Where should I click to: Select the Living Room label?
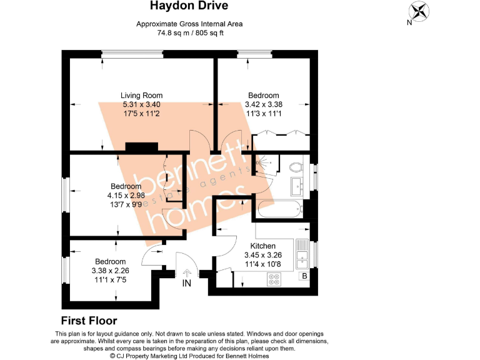pyautogui.click(x=141, y=95)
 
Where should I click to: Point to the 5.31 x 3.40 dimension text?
pyautogui.click(x=142, y=104)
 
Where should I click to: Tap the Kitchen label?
pyautogui.click(x=262, y=246)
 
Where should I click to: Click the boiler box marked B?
pyautogui.click(x=304, y=276)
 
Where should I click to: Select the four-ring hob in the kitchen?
pyautogui.click(x=274, y=281)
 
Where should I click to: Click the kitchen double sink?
pyautogui.click(x=302, y=254)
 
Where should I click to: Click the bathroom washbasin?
pyautogui.click(x=299, y=184)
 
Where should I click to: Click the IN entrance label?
pyautogui.click(x=186, y=283)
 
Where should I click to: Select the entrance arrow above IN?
pyautogui.click(x=186, y=273)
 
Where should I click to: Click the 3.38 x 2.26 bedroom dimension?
pyautogui.click(x=110, y=271)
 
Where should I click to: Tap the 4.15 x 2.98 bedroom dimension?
pyautogui.click(x=126, y=195)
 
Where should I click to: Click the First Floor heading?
pyautogui.click(x=89, y=321)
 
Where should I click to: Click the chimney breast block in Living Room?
pyautogui.click(x=141, y=147)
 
